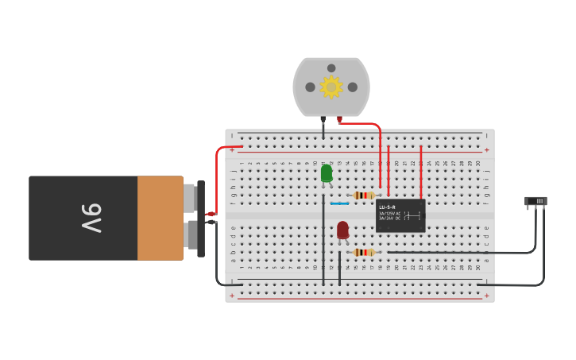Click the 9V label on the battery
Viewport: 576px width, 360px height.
pyautogui.click(x=91, y=218)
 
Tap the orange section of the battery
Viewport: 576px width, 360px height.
pyautogui.click(x=160, y=218)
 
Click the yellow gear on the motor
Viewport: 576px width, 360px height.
pyautogui.click(x=331, y=87)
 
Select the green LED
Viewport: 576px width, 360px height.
pyautogui.click(x=327, y=173)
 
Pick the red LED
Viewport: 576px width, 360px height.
pyautogui.click(x=342, y=230)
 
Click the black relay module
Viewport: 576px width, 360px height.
pyautogui.click(x=400, y=215)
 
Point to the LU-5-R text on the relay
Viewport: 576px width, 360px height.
pyautogui.click(x=387, y=207)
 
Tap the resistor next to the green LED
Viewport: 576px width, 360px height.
pyautogui.click(x=364, y=195)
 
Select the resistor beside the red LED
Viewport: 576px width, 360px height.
pyautogui.click(x=364, y=252)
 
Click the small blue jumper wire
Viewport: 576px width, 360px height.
pyautogui.click(x=339, y=203)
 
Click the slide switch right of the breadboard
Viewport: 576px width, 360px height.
pyautogui.click(x=536, y=201)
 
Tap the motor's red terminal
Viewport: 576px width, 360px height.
pyautogui.click(x=339, y=119)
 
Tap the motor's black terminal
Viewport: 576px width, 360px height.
pyautogui.click(x=323, y=119)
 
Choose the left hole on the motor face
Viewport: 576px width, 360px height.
pyautogui.click(x=310, y=87)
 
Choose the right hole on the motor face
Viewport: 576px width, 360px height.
pyautogui.click(x=353, y=87)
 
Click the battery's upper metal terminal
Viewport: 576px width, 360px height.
pyautogui.click(x=189, y=198)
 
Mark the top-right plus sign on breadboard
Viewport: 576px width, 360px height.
pyautogui.click(x=486, y=149)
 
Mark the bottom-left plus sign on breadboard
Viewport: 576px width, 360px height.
pyautogui.click(x=232, y=296)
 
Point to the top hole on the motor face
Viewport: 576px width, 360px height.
pyautogui.click(x=331, y=68)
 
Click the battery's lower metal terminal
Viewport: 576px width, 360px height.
pyautogui.click(x=190, y=234)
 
